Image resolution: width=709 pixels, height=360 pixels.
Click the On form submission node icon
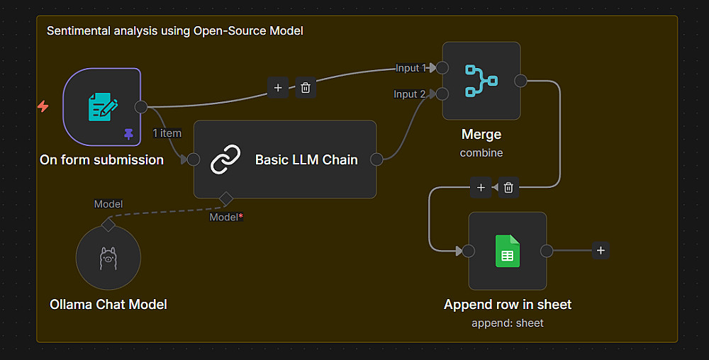[102, 107]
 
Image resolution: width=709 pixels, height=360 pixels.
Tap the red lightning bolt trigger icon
[43, 106]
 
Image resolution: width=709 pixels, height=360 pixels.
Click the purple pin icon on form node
[128, 133]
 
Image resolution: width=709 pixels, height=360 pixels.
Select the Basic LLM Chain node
[285, 159]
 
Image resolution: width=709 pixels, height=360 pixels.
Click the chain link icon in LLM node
[226, 159]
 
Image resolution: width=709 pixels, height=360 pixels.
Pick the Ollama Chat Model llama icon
[108, 257]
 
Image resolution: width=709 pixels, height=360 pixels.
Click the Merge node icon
[481, 80]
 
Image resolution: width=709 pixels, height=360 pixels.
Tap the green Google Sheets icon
[507, 251]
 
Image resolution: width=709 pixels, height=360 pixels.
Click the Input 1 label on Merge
[411, 68]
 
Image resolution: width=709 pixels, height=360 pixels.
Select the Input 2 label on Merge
[410, 94]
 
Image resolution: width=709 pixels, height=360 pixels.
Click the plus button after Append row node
[601, 250]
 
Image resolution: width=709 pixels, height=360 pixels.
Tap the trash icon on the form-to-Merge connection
[306, 88]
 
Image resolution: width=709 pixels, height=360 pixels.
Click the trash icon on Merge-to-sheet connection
[509, 188]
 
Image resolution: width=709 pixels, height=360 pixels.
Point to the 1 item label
[167, 133]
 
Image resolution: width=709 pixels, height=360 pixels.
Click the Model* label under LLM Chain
[226, 217]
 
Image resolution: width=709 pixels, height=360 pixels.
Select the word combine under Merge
[481, 152]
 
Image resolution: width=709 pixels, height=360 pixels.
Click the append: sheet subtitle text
[507, 323]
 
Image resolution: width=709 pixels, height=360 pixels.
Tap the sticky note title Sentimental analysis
[174, 31]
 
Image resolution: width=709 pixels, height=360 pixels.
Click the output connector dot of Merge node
[520, 80]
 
